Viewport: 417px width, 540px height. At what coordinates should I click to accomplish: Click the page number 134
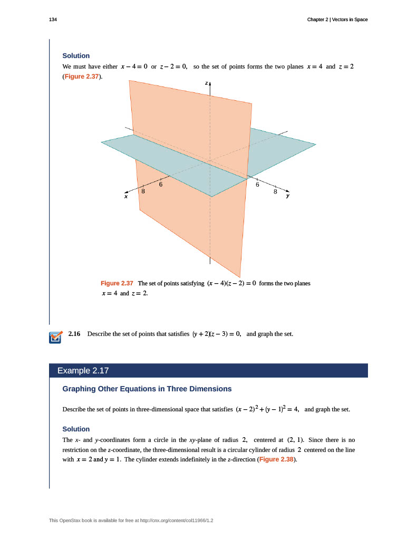(x=52, y=20)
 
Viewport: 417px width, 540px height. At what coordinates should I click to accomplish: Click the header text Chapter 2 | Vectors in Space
(x=337, y=20)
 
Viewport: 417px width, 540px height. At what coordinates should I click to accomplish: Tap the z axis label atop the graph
(x=207, y=83)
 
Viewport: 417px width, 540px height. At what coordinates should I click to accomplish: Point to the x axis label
(x=126, y=196)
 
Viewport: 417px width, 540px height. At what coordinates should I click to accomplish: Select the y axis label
(x=288, y=196)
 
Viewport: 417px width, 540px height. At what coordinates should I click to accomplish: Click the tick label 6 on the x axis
(x=160, y=185)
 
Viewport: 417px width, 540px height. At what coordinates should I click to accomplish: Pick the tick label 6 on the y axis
(x=258, y=185)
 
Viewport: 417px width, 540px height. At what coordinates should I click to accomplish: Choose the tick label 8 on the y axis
(x=275, y=192)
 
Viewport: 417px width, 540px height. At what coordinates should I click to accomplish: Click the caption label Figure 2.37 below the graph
(x=117, y=283)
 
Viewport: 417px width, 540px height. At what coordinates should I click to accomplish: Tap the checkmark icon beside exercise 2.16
(x=55, y=337)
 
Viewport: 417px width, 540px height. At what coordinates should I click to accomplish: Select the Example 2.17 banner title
(x=83, y=370)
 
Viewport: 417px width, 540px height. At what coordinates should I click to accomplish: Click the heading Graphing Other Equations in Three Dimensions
(x=147, y=389)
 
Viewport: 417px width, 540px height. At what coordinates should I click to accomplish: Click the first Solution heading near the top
(x=76, y=55)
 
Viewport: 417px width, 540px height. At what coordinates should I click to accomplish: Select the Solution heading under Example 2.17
(x=76, y=429)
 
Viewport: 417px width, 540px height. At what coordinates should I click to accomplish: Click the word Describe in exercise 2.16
(x=99, y=334)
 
